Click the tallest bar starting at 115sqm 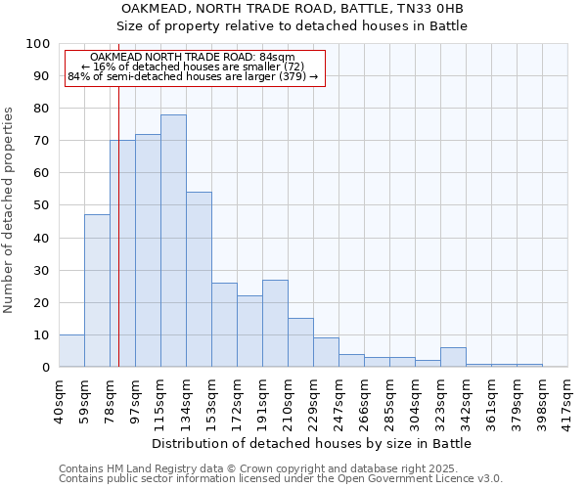pos(173,241)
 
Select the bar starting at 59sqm pos(97,290)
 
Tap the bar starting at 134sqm pos(199,279)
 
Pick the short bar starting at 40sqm pos(71,350)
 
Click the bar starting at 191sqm pos(275,323)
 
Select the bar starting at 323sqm pos(453,357)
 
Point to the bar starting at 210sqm pos(300,342)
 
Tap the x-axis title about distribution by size pos(312,443)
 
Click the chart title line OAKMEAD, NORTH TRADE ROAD pos(292,9)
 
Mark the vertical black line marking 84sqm pos(118,244)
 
